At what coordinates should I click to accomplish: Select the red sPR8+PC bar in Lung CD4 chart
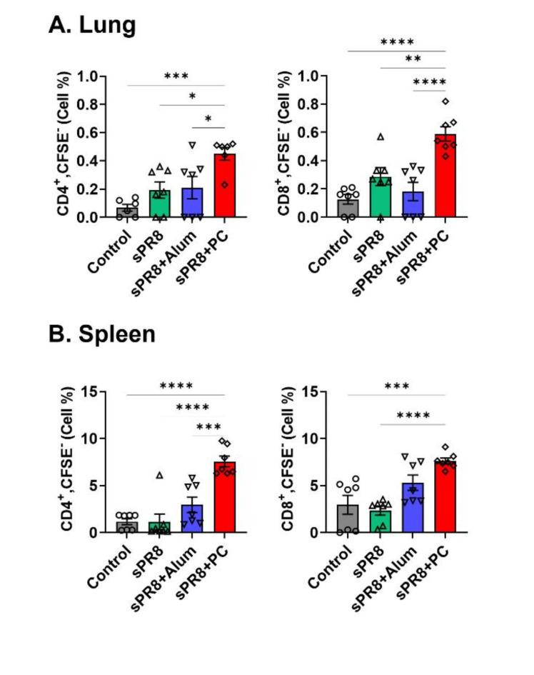point(225,186)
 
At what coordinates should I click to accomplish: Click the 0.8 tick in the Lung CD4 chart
point(89,104)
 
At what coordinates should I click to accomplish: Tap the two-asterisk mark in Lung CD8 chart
point(413,59)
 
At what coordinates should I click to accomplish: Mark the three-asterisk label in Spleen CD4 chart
point(208,427)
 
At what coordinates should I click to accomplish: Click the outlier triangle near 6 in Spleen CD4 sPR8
point(160,475)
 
